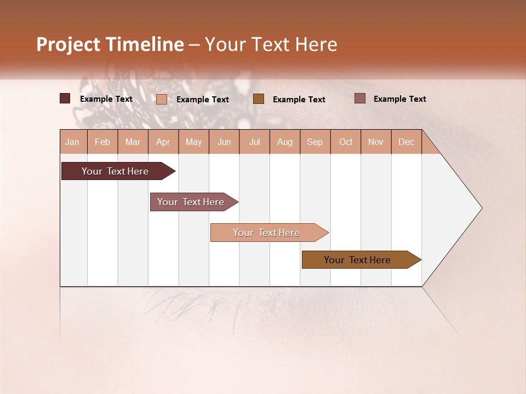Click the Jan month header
coord(72,142)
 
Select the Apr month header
coord(163,142)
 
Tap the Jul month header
coord(254,142)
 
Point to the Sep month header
coord(315,142)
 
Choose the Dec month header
coord(406,142)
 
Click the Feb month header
coord(102,142)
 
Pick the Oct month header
coord(346,142)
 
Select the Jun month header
coord(224,142)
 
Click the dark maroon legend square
coord(65,99)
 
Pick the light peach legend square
coord(162,99)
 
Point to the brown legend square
coord(259,99)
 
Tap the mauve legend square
coord(359,99)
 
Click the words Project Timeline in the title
coord(110,44)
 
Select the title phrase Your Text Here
coord(271,44)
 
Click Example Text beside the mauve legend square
coord(399,99)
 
